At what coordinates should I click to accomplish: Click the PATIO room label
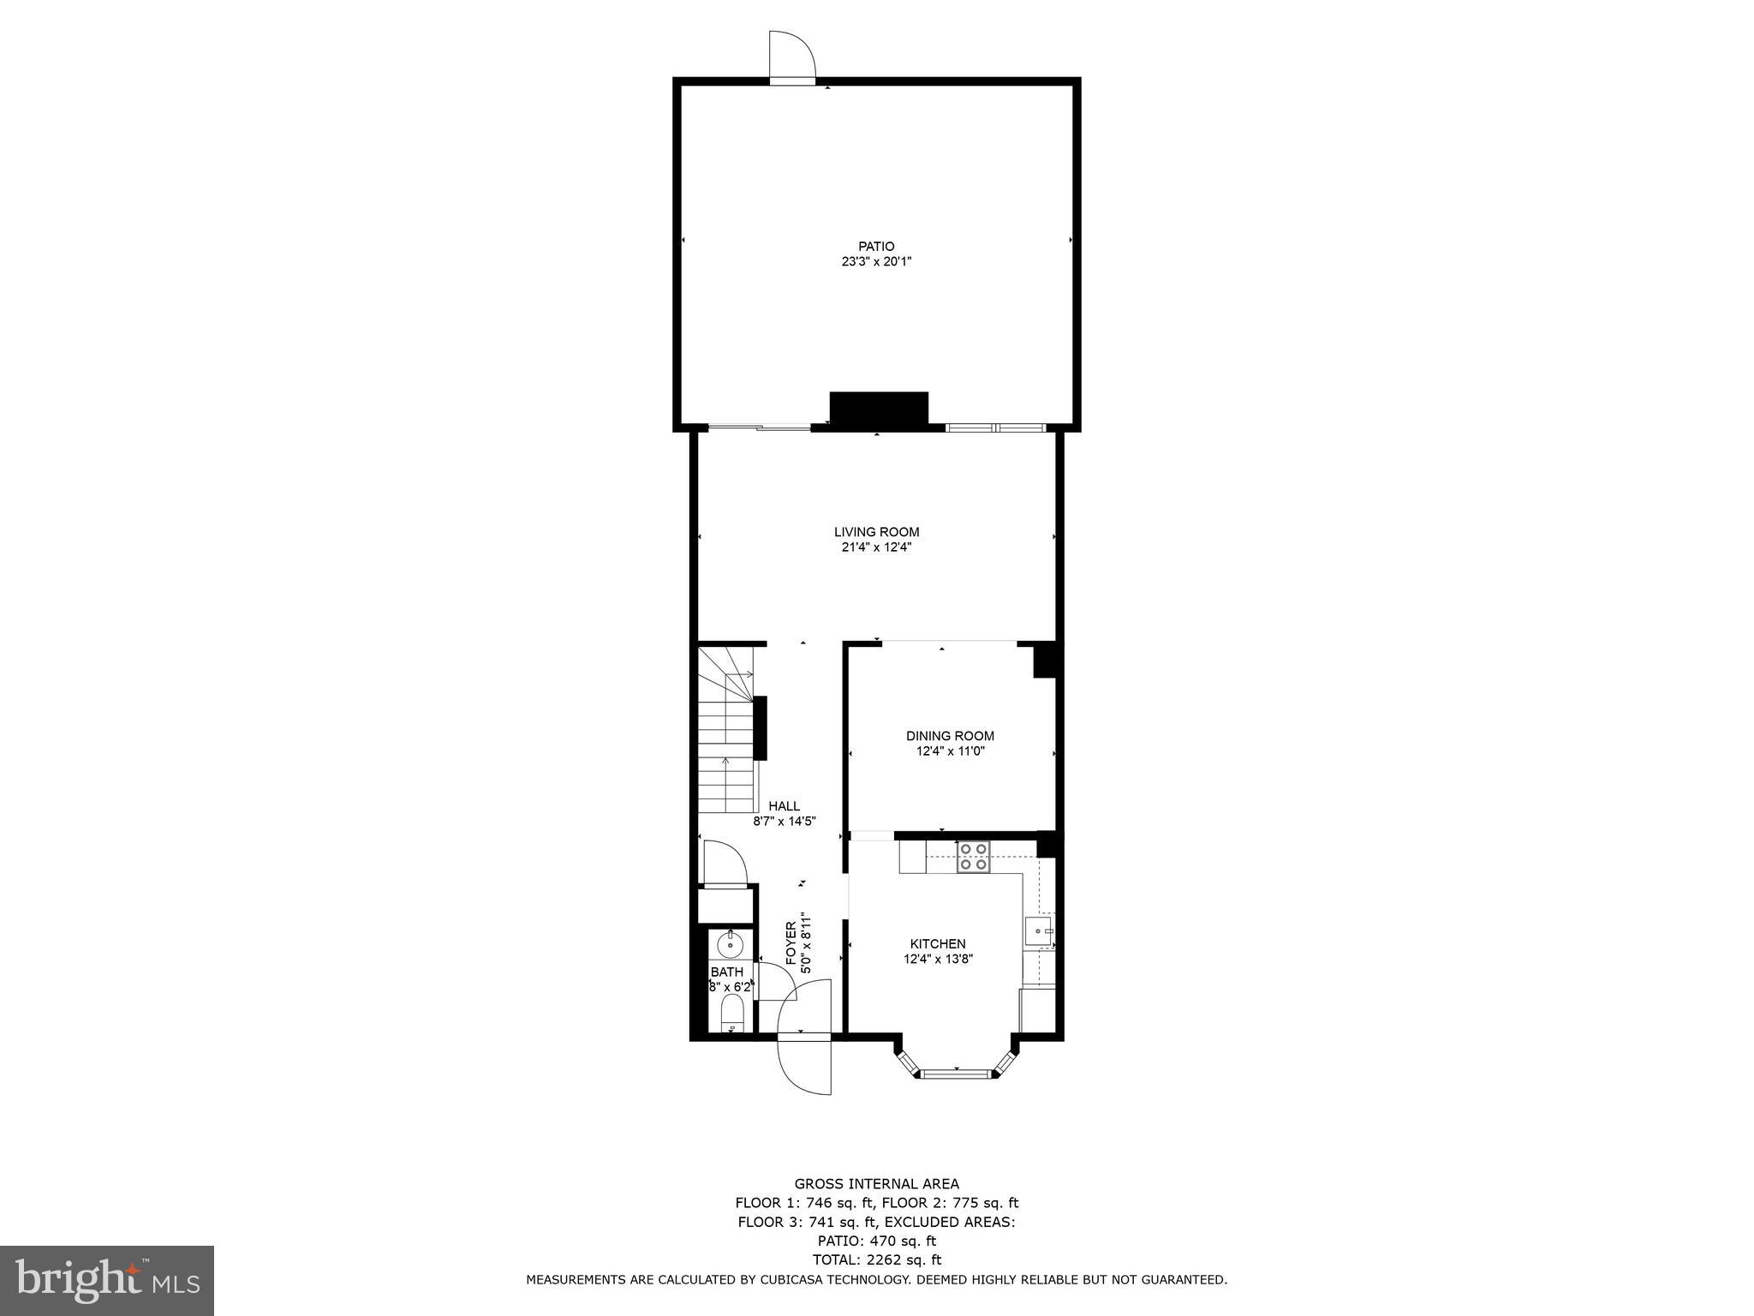876,247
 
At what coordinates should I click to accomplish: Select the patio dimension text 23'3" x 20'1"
876,262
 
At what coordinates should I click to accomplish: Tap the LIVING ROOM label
876,532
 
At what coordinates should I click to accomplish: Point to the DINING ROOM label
950,736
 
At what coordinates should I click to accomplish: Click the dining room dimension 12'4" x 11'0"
950,751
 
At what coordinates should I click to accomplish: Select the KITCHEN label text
938,944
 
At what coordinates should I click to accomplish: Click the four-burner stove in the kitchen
973,857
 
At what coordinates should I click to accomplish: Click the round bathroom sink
731,946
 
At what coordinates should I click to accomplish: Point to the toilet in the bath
731,1014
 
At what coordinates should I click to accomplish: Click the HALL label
784,806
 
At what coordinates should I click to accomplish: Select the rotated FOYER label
790,942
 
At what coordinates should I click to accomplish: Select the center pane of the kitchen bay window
955,1071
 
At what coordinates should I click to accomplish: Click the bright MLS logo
107,1281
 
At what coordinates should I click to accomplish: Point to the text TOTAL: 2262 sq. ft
876,1260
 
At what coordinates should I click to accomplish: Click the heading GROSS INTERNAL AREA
876,1185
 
